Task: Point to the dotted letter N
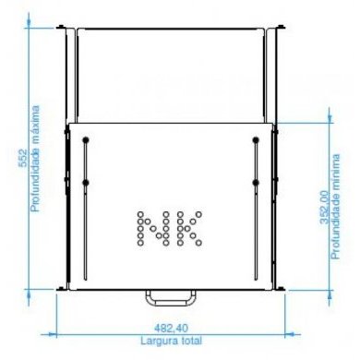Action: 150,227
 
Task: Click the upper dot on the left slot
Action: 85,140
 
